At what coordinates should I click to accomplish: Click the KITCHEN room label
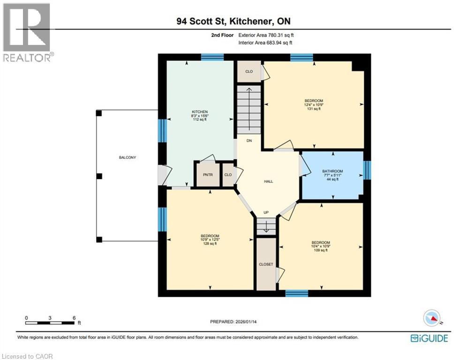click(x=199, y=112)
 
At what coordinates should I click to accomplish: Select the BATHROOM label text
click(x=332, y=171)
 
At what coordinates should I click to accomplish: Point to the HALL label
click(x=268, y=181)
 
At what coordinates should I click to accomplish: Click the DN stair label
click(x=249, y=140)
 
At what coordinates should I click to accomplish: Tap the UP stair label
click(x=266, y=213)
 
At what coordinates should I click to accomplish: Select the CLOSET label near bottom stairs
click(x=266, y=264)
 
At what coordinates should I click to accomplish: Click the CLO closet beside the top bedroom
click(x=249, y=72)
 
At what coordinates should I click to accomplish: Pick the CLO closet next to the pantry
click(x=228, y=174)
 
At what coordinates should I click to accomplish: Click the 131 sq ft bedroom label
click(x=313, y=105)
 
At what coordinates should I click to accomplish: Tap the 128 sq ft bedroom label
click(x=210, y=240)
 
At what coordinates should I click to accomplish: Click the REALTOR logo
click(x=27, y=32)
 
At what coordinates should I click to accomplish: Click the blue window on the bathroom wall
click(x=367, y=170)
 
